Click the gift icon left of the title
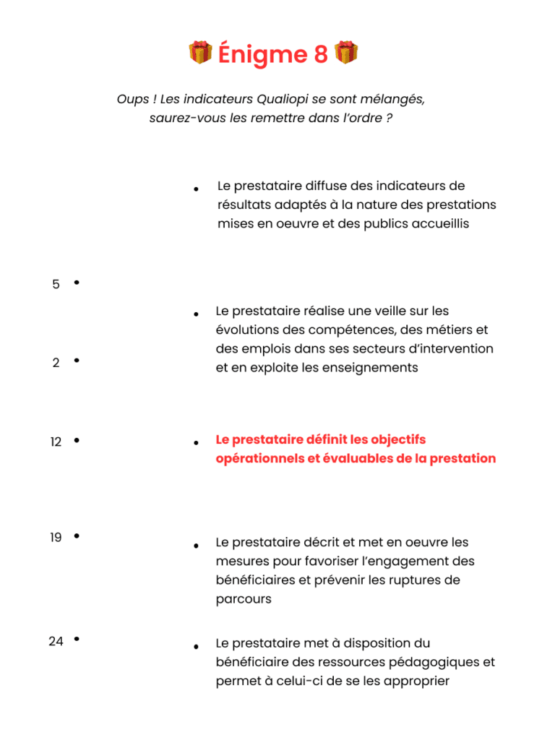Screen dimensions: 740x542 coord(200,53)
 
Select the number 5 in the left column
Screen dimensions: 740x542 coord(56,285)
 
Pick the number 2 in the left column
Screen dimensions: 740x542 coord(56,363)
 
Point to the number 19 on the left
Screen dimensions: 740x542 coord(56,538)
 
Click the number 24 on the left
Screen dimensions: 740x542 coord(56,641)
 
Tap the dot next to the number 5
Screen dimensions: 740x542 coord(77,283)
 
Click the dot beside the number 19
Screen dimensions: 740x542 coord(77,536)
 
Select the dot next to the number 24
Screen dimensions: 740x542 coord(77,639)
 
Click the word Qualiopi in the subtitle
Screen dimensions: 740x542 coord(277,99)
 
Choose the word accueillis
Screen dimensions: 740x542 coord(436,223)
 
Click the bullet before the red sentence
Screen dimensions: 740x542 coord(196,442)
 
